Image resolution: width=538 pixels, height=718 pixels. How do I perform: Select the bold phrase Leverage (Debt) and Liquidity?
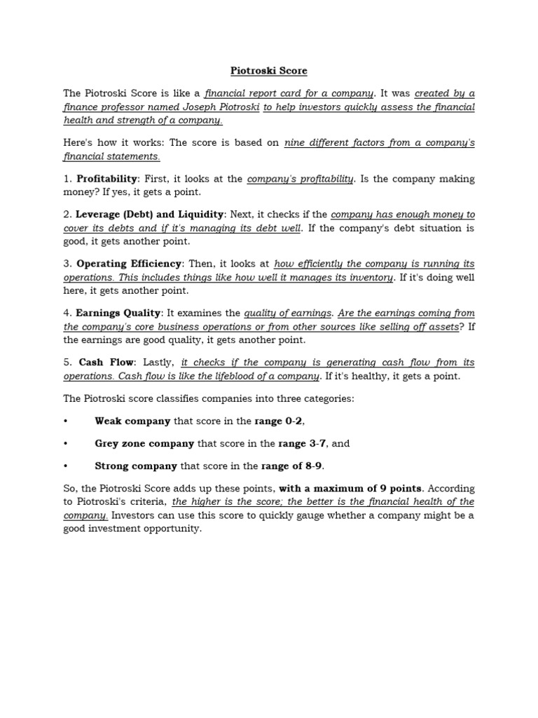pos(150,215)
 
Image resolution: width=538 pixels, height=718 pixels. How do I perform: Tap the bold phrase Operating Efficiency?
pos(129,264)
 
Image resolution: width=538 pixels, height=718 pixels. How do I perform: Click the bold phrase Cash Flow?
pos(106,363)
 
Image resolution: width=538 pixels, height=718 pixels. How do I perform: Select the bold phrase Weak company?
pos(132,421)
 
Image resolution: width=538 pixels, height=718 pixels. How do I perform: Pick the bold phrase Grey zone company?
pos(144,443)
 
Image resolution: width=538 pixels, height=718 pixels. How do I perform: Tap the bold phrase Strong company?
pos(136,466)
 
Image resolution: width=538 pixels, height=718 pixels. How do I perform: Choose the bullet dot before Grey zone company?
pos(65,444)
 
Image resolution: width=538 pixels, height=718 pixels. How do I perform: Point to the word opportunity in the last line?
pos(169,529)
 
